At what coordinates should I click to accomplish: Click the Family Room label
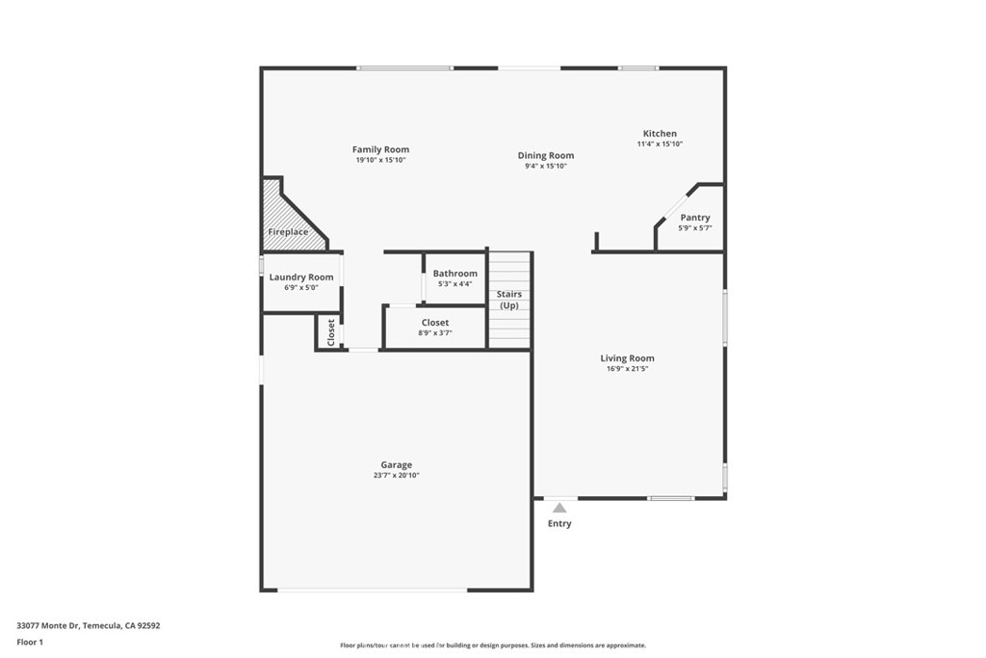tap(380, 149)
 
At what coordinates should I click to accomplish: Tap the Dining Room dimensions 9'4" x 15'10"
tap(546, 166)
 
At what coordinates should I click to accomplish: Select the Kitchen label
tap(660, 133)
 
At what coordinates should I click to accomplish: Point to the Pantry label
tap(695, 218)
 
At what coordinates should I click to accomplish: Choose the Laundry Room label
tap(301, 277)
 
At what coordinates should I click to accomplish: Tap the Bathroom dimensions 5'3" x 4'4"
tap(454, 284)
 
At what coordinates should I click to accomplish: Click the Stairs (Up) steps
tap(510, 300)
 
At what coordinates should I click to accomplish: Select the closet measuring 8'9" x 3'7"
tap(435, 328)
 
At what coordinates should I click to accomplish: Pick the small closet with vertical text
tap(331, 332)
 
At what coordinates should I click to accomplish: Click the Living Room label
tap(627, 358)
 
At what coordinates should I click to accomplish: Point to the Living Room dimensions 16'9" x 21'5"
tap(627, 369)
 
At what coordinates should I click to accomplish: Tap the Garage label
tap(396, 465)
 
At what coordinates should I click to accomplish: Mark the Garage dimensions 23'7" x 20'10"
tap(396, 476)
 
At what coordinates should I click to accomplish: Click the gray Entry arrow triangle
tap(559, 508)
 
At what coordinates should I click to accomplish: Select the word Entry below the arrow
tap(559, 523)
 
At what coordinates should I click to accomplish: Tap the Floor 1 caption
tap(30, 643)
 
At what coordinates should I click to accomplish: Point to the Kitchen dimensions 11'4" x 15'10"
tap(660, 145)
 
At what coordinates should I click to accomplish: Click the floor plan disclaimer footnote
tap(493, 645)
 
